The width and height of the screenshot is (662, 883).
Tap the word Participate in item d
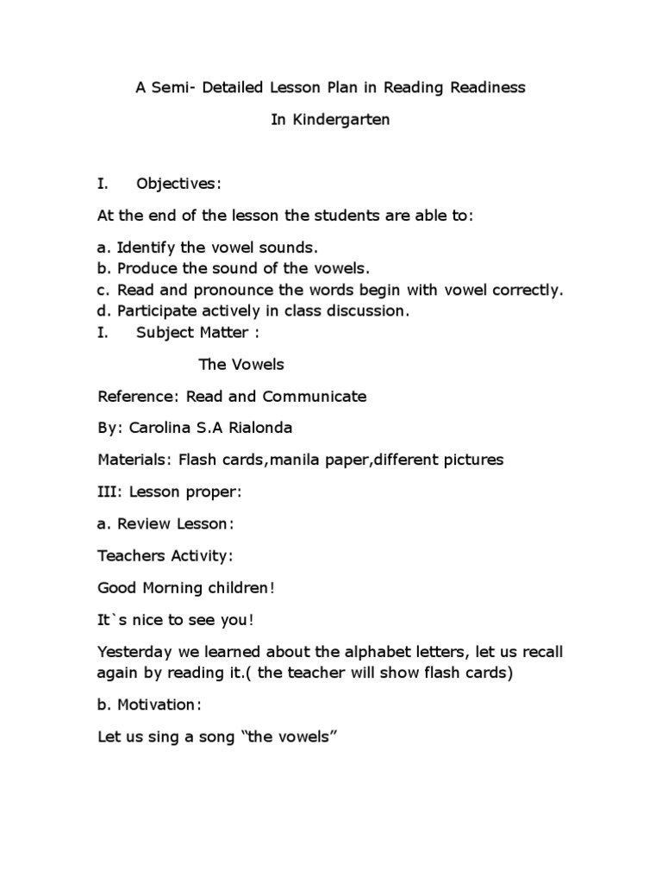(157, 310)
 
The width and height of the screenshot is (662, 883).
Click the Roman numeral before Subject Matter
(103, 332)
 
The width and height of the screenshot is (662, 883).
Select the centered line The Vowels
(241, 364)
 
